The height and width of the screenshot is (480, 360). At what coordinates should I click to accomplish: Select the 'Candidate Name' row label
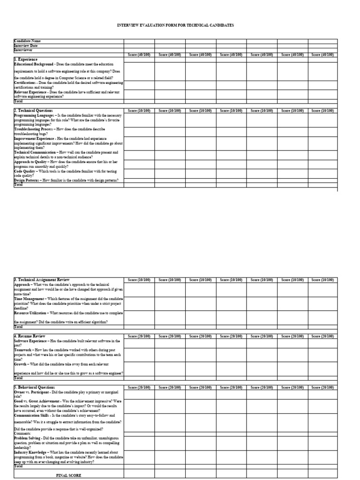click(x=27, y=41)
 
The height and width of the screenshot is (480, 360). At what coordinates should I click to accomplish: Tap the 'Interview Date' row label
click(x=26, y=45)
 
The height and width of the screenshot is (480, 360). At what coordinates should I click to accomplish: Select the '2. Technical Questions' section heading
click(x=33, y=110)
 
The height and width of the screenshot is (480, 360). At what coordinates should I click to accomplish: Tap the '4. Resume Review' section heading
click(x=30, y=336)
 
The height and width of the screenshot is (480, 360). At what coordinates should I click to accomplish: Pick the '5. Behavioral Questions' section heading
click(x=35, y=387)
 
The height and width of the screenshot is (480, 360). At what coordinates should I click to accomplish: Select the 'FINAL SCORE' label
click(x=68, y=475)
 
